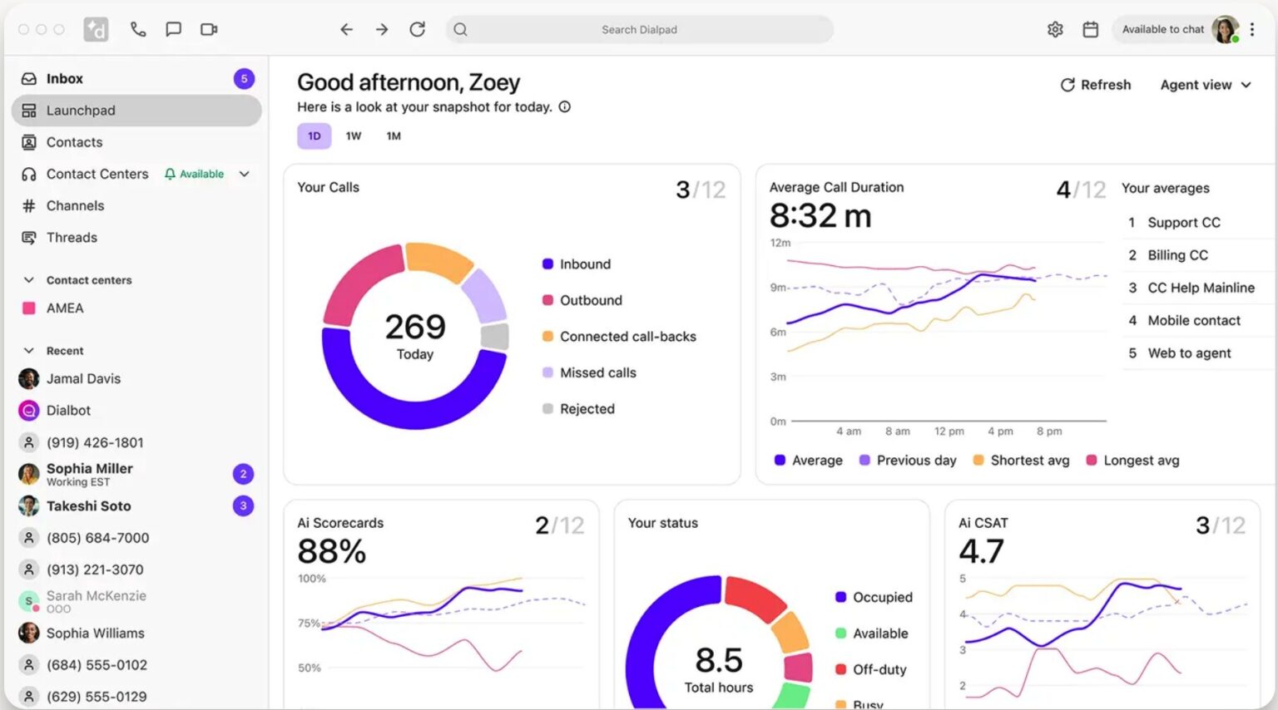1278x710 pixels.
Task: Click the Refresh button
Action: (1095, 85)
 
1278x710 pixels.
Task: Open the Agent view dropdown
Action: (1205, 85)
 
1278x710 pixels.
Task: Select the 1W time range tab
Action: (354, 136)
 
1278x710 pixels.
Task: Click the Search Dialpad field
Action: (639, 30)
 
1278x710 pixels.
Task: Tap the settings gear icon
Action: (1055, 30)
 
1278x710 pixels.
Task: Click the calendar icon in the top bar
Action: (1090, 30)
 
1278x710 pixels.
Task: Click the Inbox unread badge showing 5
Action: (244, 79)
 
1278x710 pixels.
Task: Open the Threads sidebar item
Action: (72, 238)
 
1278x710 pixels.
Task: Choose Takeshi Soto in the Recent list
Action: (88, 506)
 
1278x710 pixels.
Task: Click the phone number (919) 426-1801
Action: (95, 443)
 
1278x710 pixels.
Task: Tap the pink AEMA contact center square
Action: (29, 308)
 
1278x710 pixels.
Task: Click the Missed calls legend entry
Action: (597, 373)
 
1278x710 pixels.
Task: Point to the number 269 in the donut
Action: (414, 327)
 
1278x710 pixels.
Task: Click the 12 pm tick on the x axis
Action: (949, 431)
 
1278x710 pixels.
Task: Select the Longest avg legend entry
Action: (1140, 461)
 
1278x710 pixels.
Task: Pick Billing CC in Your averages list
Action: (1177, 255)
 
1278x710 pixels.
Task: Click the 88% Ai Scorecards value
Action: (331, 551)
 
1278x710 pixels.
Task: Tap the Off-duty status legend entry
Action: (879, 670)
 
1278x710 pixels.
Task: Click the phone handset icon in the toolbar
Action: (138, 30)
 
